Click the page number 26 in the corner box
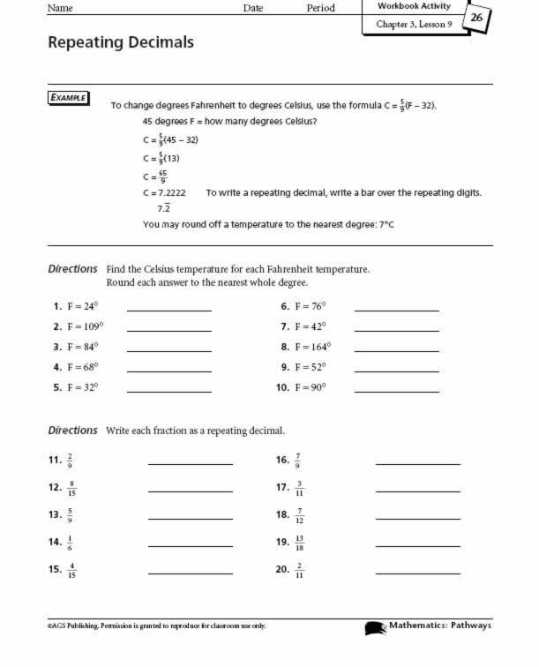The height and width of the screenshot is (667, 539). [476, 17]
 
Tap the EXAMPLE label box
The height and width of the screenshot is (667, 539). [68, 98]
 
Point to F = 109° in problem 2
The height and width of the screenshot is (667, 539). [84, 326]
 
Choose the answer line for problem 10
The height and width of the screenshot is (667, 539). [396, 390]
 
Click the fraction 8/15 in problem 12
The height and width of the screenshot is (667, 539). [71, 487]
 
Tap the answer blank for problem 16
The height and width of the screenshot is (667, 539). [417, 462]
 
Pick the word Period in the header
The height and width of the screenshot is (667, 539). [320, 8]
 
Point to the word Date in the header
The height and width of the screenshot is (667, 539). [253, 8]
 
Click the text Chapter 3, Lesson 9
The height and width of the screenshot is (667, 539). [414, 25]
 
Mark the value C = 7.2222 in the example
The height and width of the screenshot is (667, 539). [163, 191]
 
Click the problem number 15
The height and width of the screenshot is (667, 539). [55, 569]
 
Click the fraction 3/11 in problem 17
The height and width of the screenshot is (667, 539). [299, 487]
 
